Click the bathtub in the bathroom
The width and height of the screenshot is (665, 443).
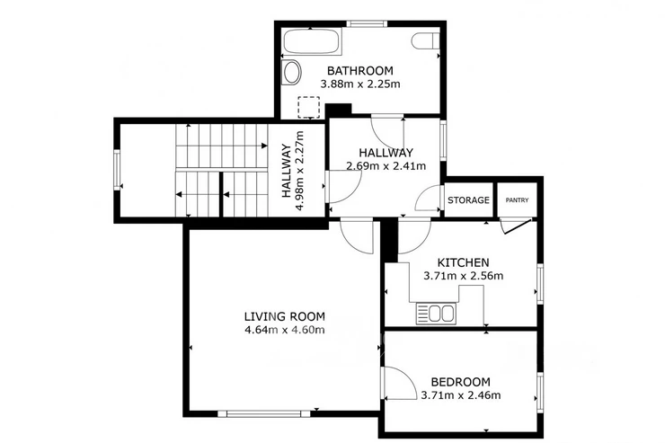click(312, 41)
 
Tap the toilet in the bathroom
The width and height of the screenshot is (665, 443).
click(425, 41)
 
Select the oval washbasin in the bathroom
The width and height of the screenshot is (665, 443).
click(291, 73)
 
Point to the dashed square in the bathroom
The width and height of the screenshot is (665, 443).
click(309, 107)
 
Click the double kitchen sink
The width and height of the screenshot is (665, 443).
click(436, 314)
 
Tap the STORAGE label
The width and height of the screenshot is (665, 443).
click(468, 200)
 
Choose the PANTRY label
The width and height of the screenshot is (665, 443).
click(517, 200)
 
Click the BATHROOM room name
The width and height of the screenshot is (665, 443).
click(360, 70)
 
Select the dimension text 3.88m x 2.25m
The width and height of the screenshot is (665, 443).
click(360, 84)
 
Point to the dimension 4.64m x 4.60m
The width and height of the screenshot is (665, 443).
click(285, 330)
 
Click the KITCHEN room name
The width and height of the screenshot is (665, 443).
click(463, 262)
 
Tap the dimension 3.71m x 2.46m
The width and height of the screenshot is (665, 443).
click(461, 395)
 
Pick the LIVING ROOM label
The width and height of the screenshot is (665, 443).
click(285, 316)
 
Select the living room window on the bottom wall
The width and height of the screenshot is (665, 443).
click(264, 413)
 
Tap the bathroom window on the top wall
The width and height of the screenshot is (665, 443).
click(367, 23)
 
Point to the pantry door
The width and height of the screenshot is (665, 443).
click(516, 226)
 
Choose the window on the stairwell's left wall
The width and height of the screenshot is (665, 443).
click(117, 170)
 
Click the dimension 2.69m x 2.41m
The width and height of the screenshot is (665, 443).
click(386, 166)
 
